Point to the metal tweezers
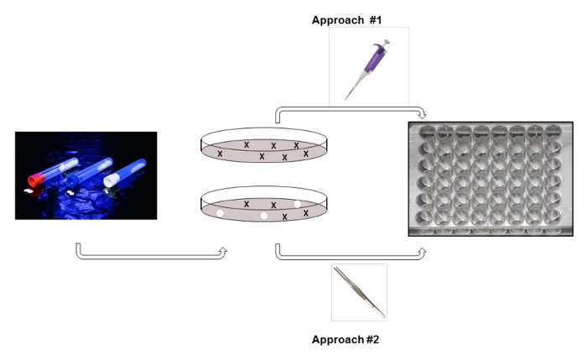358,291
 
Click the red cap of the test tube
35,179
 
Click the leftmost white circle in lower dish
221,214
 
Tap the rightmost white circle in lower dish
297,204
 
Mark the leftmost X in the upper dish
221,154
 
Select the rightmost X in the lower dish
306,213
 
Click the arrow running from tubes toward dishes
151,255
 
